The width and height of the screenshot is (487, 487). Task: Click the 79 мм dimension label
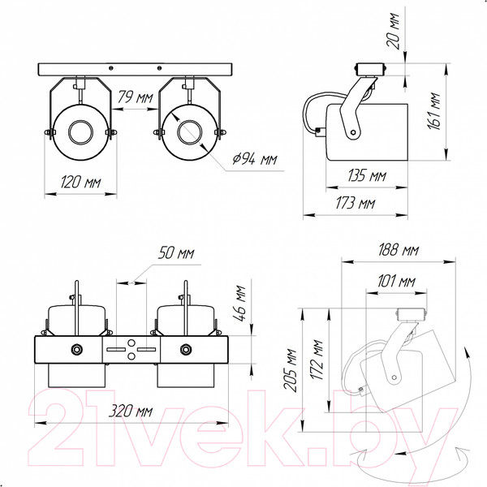pos(135,97)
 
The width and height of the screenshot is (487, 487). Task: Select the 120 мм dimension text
pos(80,182)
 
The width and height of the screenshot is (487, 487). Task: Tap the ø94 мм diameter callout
pos(255,159)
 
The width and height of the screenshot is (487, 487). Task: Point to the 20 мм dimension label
pos(393,31)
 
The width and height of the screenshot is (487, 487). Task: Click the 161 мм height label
pos(433,111)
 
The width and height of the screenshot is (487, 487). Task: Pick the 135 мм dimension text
pos(367,175)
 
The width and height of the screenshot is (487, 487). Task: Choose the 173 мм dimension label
pos(356,203)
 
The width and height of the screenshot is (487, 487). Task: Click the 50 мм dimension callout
pos(176,252)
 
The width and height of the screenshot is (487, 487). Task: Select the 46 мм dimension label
pos(239,304)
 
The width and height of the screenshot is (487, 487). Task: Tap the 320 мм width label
pos(131,411)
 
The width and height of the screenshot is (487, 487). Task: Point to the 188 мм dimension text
pos(399,250)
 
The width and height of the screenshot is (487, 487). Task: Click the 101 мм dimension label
pos(396,282)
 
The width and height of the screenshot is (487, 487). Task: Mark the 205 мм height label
pos(291,369)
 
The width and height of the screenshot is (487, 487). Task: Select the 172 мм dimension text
pos(317,360)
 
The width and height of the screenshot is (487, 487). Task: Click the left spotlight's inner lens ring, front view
pos(80,131)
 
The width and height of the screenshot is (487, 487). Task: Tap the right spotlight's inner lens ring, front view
pos(189,131)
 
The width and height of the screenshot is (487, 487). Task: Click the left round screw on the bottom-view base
pos(77,349)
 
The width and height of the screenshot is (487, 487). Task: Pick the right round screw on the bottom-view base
pos(185,349)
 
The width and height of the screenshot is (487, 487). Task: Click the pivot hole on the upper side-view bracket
pos(353,132)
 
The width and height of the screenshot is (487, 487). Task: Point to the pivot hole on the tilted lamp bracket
pos(394,377)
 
